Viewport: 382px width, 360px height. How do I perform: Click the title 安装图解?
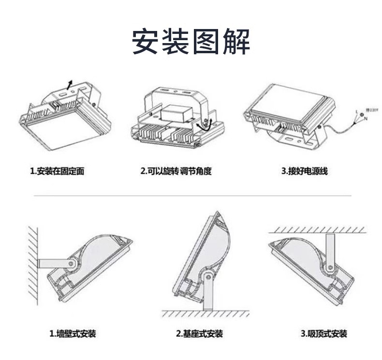click(x=191, y=42)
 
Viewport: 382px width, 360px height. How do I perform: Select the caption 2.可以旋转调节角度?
click(x=176, y=171)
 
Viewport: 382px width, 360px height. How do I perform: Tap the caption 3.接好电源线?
click(x=305, y=171)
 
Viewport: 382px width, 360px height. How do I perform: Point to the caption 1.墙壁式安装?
click(x=73, y=333)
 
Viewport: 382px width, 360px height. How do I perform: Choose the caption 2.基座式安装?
click(x=199, y=333)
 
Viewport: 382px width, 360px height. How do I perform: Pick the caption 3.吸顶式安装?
click(x=324, y=333)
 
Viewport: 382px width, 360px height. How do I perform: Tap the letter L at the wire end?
click(x=356, y=112)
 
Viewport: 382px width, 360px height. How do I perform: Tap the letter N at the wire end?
click(x=366, y=119)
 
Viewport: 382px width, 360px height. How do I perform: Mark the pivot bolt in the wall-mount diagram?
click(x=72, y=264)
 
